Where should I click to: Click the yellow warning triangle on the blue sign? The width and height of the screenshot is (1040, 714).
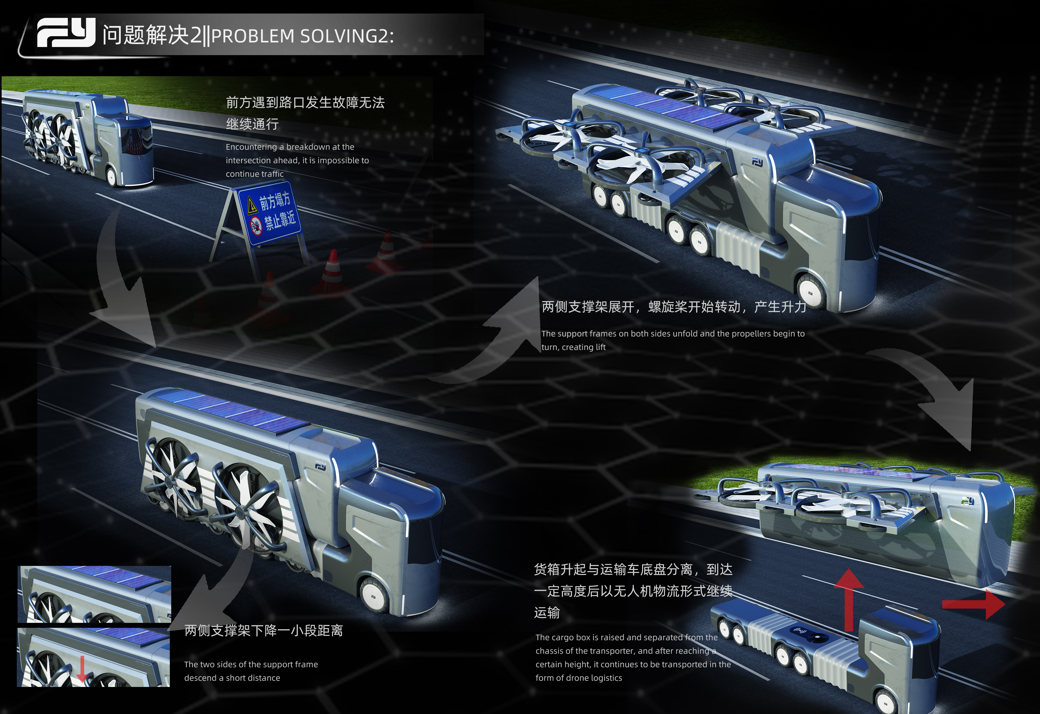tap(252, 205)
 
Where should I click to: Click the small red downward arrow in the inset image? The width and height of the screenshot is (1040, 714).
tap(82, 672)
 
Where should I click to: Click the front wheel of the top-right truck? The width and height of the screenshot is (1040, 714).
tap(811, 291)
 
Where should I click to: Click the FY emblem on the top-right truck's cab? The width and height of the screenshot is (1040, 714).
tap(757, 162)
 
